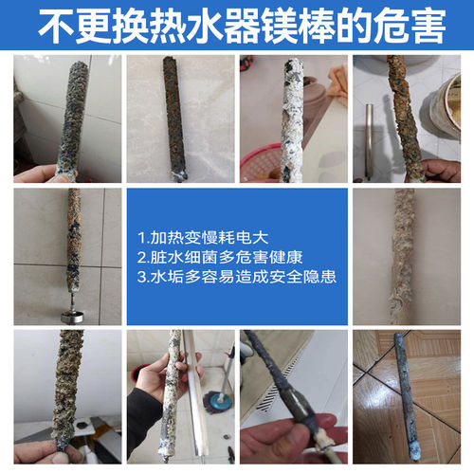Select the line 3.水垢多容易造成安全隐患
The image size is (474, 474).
click(237, 278)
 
